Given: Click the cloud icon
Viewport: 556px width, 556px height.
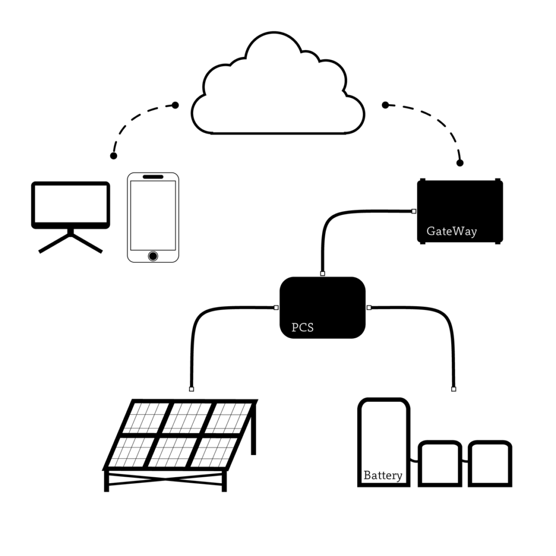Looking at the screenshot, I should click(x=277, y=92).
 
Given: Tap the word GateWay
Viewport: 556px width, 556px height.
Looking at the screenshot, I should click(x=451, y=231).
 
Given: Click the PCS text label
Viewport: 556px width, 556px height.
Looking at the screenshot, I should click(x=302, y=327).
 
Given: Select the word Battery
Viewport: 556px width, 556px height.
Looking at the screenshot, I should click(x=383, y=476).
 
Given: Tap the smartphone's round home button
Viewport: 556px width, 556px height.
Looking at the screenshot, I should click(x=153, y=255).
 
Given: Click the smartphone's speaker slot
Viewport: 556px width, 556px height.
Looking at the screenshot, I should click(x=153, y=177).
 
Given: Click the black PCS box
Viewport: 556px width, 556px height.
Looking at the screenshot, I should click(x=323, y=304).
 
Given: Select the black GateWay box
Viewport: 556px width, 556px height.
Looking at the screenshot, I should click(x=459, y=206).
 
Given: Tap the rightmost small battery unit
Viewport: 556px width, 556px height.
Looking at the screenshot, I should click(x=490, y=464).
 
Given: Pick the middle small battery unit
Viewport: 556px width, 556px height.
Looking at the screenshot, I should click(x=440, y=464).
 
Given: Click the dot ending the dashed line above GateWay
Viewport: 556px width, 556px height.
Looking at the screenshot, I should click(x=460, y=163).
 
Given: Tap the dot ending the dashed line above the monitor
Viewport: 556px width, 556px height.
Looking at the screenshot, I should click(x=113, y=156).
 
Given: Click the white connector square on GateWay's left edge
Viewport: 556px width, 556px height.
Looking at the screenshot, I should click(x=414, y=211).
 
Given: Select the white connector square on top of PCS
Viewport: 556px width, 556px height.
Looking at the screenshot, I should click(x=323, y=274).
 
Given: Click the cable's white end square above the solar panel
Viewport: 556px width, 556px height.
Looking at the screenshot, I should click(x=191, y=389).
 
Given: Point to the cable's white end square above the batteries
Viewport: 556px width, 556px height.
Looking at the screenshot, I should click(x=453, y=389).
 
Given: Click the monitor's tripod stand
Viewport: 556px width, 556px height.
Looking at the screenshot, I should click(x=71, y=242).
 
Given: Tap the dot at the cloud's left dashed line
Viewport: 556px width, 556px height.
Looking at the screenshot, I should click(x=175, y=105).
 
